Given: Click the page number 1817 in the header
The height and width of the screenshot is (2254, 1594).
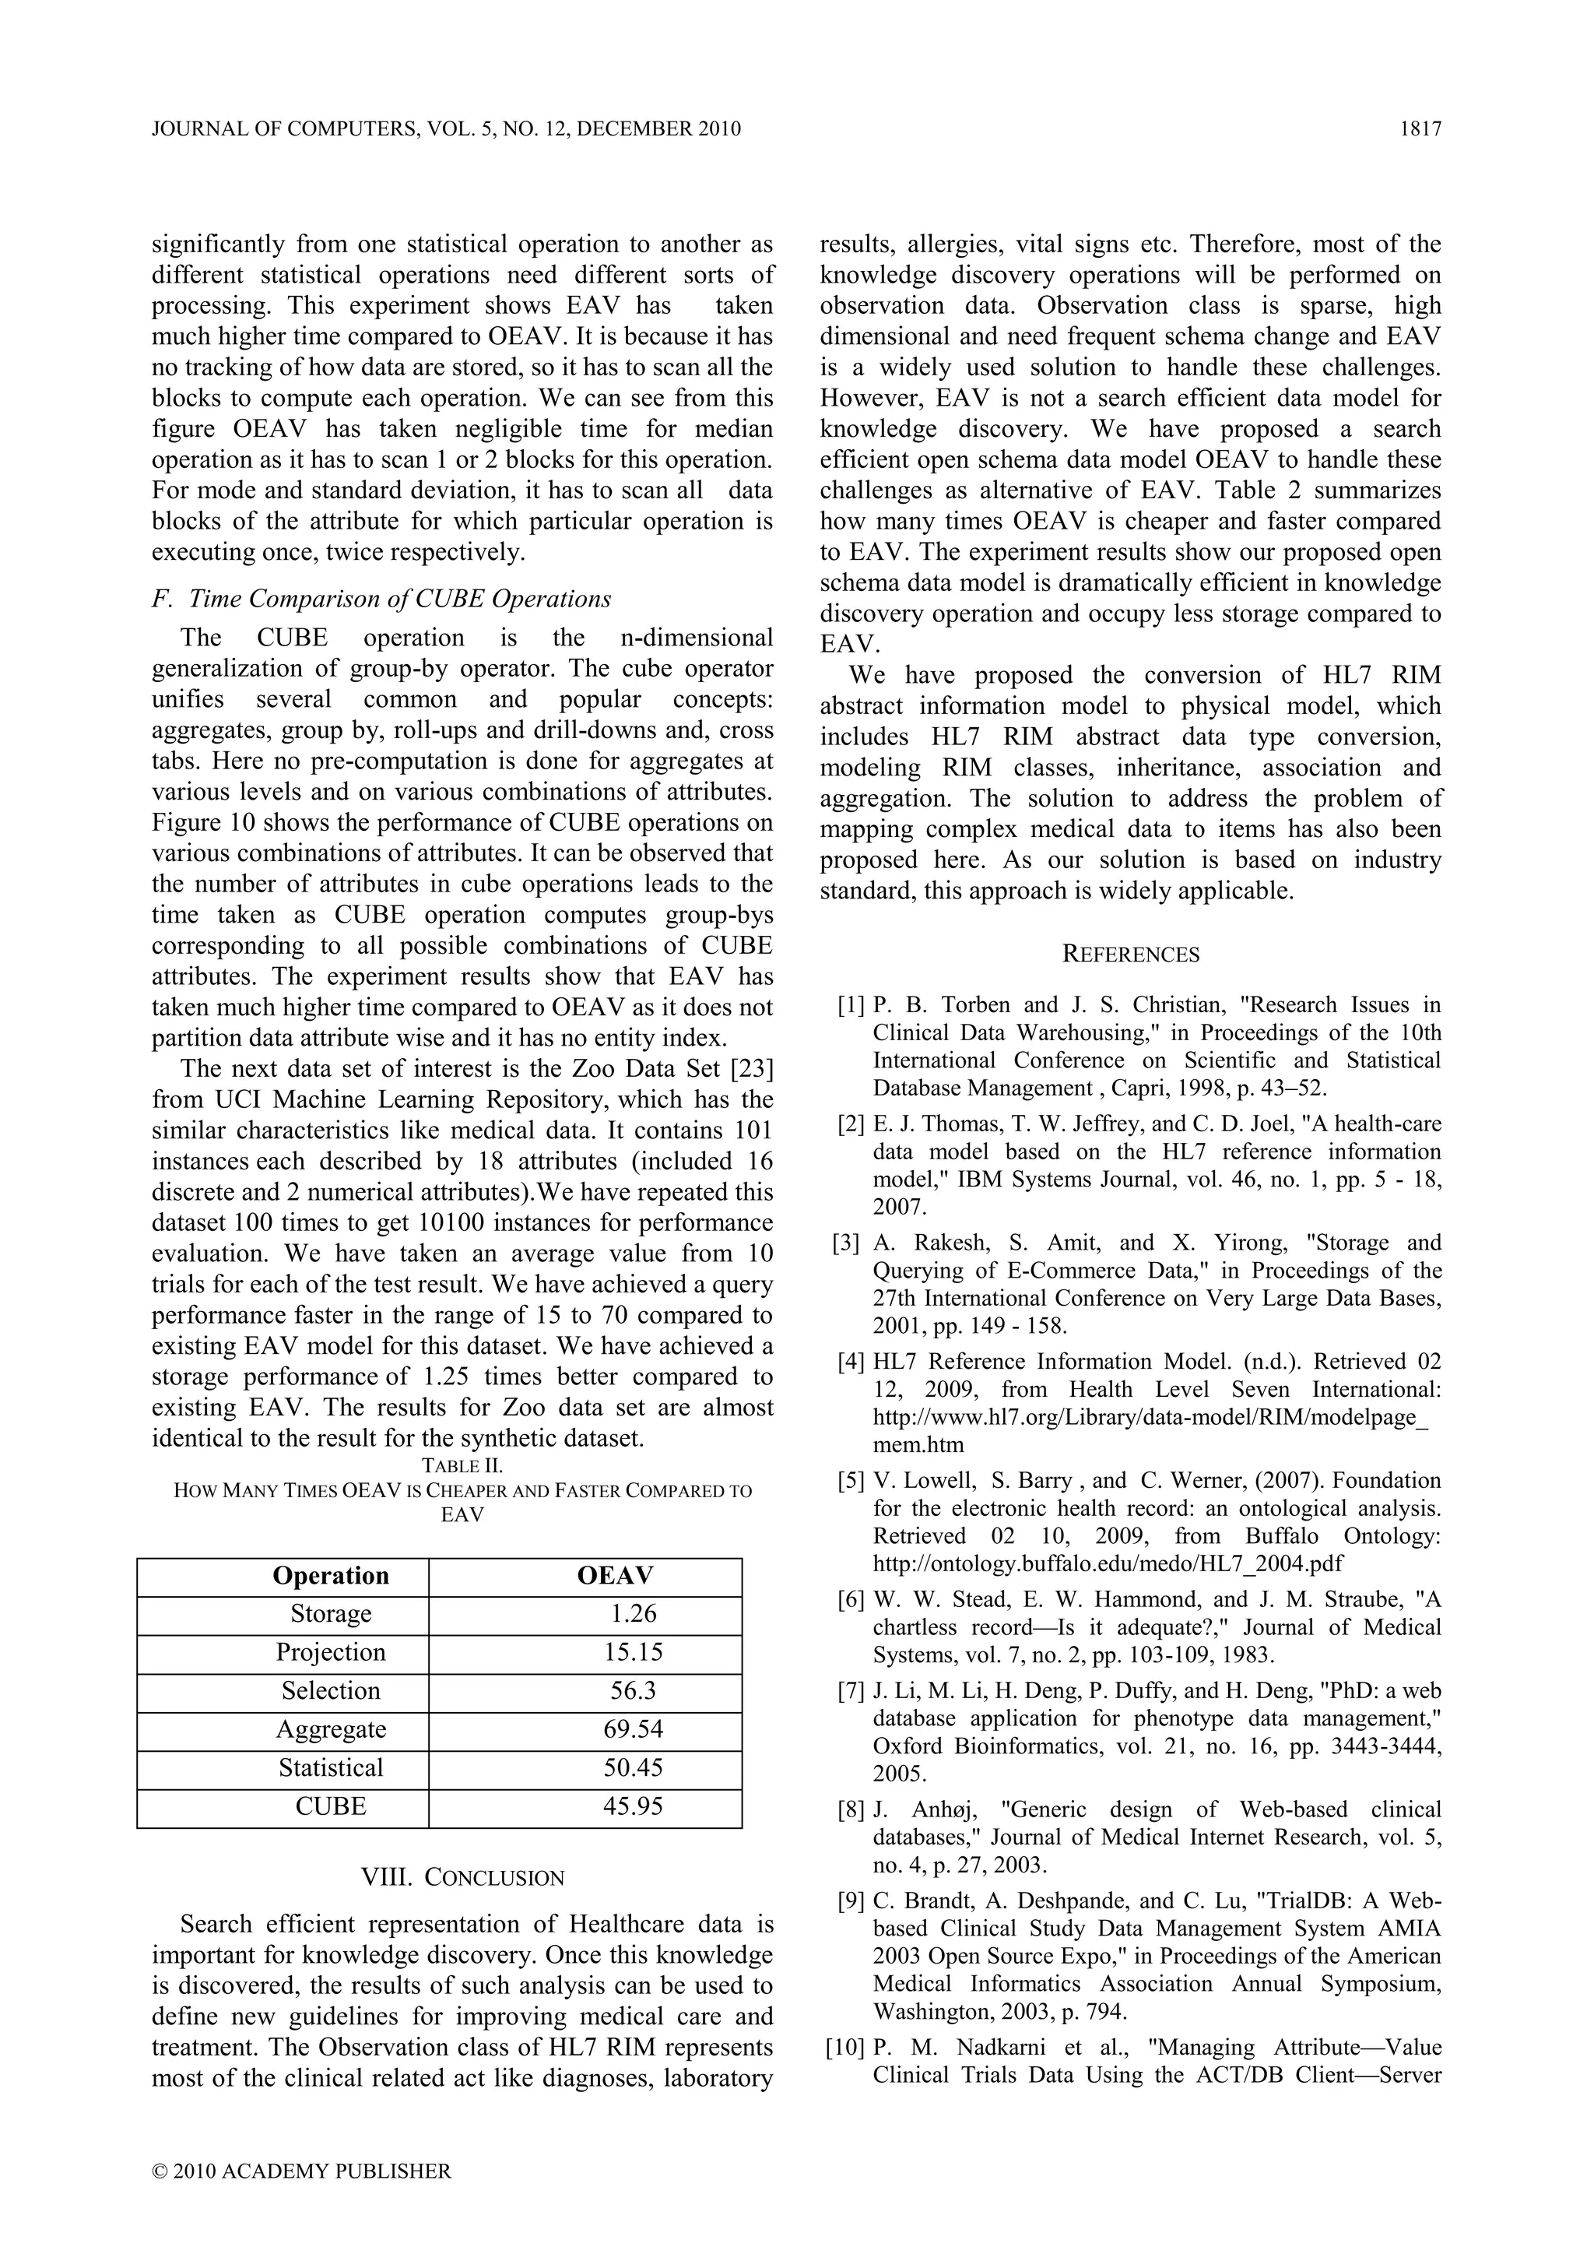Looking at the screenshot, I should pyautogui.click(x=1420, y=128).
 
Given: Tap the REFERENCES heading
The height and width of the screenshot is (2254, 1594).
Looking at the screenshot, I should pyautogui.click(x=1131, y=955).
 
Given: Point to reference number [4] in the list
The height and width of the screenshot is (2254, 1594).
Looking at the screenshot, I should pyautogui.click(x=851, y=1362).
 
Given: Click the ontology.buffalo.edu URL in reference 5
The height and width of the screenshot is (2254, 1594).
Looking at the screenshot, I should pyautogui.click(x=1108, y=1563).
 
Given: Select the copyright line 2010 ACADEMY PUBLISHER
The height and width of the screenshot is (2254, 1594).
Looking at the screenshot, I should pyautogui.click(x=302, y=2171).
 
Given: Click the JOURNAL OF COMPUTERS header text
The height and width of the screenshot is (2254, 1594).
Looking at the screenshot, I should pyautogui.click(x=447, y=128).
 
